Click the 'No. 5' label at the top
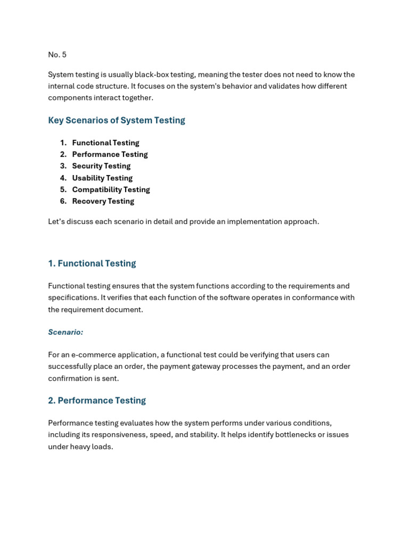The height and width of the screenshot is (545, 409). [x=57, y=55]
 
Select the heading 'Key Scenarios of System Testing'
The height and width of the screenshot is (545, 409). [x=117, y=120]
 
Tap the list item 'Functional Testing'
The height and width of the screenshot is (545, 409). [x=105, y=143]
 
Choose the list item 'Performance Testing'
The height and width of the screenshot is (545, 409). [x=110, y=154]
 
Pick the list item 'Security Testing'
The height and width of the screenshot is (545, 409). [x=101, y=166]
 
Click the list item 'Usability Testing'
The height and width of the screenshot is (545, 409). [x=102, y=178]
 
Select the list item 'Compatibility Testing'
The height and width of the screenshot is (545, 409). [x=111, y=189]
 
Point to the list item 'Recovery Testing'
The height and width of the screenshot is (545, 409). [x=103, y=201]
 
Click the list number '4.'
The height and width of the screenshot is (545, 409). [x=63, y=178]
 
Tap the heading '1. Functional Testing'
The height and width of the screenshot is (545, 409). [x=92, y=263]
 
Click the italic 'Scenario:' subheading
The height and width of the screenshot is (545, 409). [x=66, y=332]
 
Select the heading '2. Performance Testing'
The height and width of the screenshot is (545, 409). [x=97, y=401]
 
